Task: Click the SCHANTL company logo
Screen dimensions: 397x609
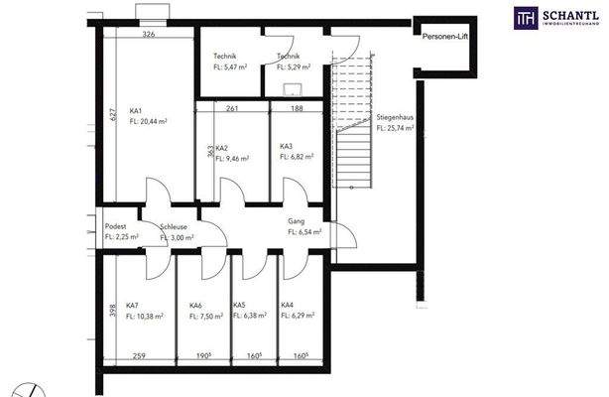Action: pyautogui.click(x=554, y=17)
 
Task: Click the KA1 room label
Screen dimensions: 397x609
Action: pyautogui.click(x=136, y=110)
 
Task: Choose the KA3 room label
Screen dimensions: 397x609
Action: pyautogui.click(x=287, y=146)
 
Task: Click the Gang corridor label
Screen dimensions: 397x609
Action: pyautogui.click(x=296, y=220)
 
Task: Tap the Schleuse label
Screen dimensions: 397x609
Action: pyautogui.click(x=176, y=227)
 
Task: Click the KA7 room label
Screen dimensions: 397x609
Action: pyautogui.click(x=132, y=305)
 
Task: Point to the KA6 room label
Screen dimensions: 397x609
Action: pyautogui.click(x=196, y=305)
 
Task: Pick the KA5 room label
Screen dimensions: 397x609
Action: pyautogui.click(x=239, y=305)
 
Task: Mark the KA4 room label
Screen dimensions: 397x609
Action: pyautogui.click(x=287, y=305)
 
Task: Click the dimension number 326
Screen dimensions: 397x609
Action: pyautogui.click(x=149, y=34)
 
